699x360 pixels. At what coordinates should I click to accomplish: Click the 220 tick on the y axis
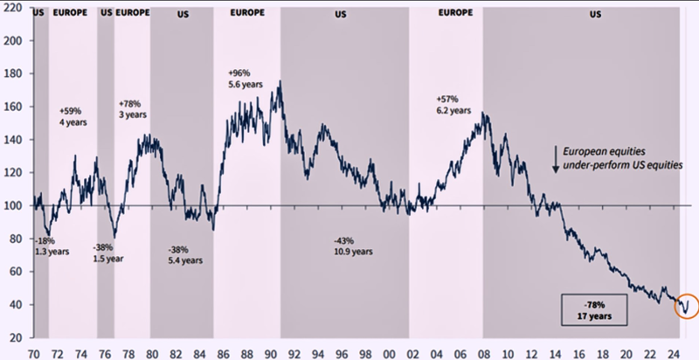[x=12, y=41]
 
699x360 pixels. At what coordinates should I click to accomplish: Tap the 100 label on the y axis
[x=12, y=206]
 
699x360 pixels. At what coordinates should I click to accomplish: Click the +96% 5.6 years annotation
[x=242, y=78]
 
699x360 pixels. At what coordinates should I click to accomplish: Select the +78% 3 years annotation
[x=133, y=108]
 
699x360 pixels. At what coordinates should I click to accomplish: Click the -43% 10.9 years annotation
[x=353, y=246]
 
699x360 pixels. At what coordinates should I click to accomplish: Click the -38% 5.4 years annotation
[x=185, y=253]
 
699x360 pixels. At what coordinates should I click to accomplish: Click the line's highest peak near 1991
[x=280, y=82]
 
